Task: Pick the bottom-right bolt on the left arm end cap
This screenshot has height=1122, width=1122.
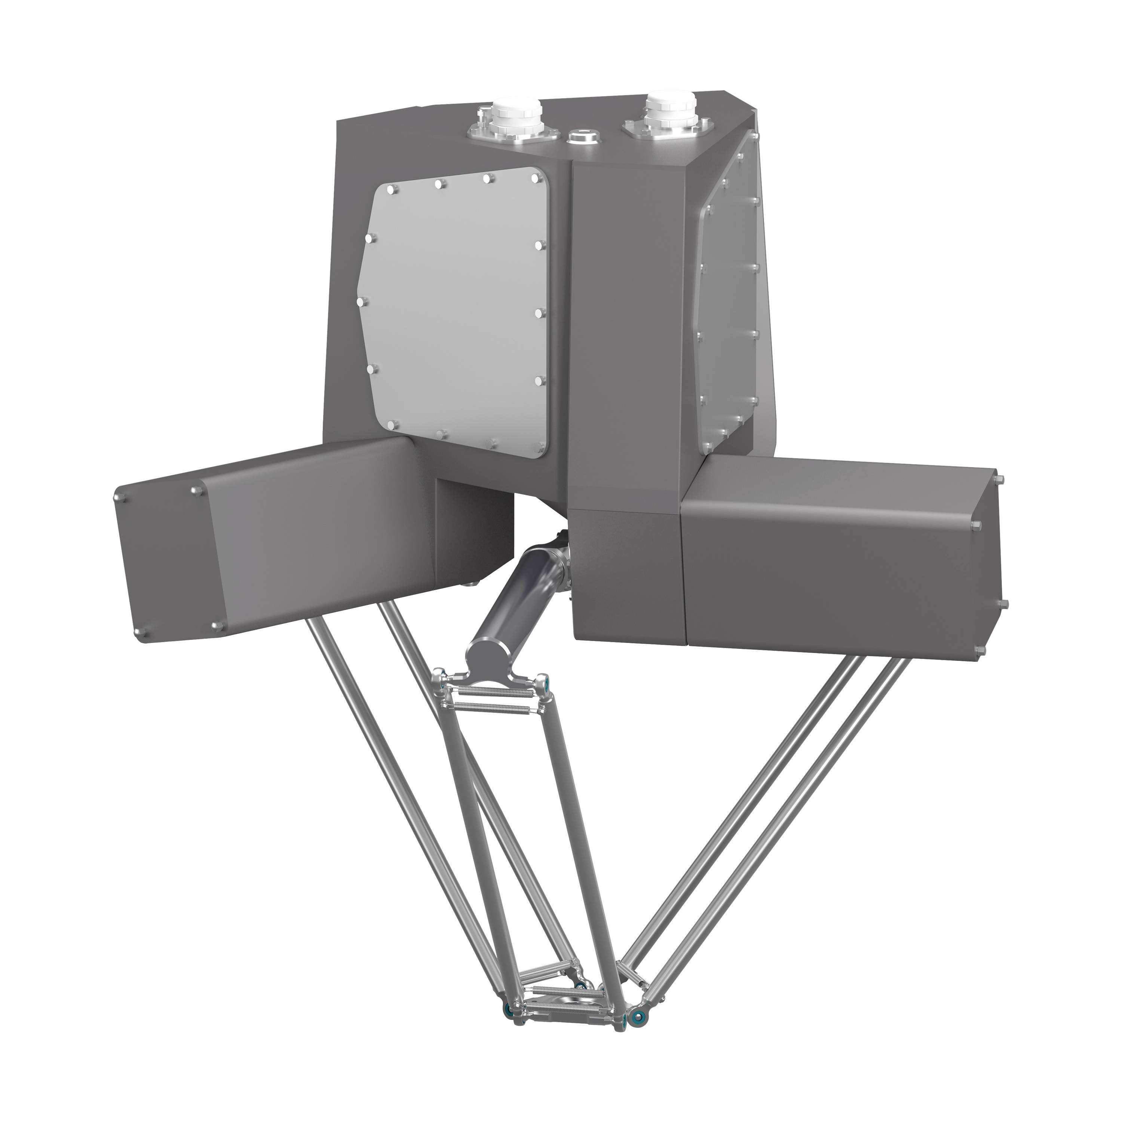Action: tap(219, 625)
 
